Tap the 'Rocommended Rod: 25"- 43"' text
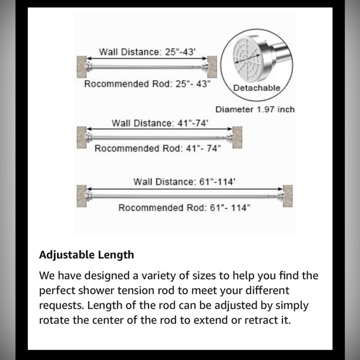(x=148, y=83)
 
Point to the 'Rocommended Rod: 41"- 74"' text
(x=157, y=148)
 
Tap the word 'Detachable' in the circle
(x=256, y=88)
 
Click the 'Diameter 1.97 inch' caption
(x=254, y=110)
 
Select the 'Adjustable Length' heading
(x=86, y=255)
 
